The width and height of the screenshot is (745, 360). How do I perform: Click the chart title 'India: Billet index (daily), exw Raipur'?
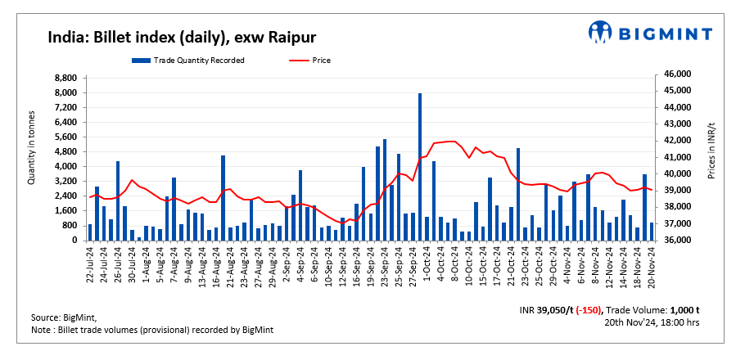click(x=181, y=38)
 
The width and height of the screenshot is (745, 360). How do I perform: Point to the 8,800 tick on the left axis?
click(x=65, y=78)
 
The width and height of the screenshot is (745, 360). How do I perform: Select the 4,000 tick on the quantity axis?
click(x=65, y=167)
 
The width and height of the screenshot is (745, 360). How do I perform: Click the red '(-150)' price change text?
click(x=585, y=311)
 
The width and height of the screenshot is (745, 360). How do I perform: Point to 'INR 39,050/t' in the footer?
click(x=544, y=311)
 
